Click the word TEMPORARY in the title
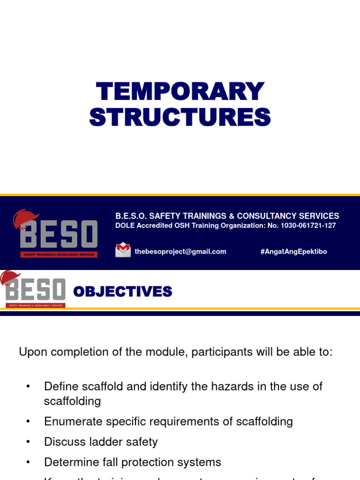click(x=180, y=91)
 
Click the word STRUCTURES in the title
click(x=180, y=117)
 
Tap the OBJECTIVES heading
click(x=123, y=292)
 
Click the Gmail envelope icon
click(x=123, y=250)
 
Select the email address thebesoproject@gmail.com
click(x=180, y=252)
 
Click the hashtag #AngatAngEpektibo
click(x=293, y=252)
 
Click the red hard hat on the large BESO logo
click(x=26, y=218)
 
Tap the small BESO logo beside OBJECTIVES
click(x=34, y=290)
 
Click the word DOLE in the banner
click(x=124, y=225)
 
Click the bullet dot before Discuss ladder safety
click(x=28, y=442)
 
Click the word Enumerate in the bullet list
click(x=70, y=421)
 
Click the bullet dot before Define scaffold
click(x=28, y=387)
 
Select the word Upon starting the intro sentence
click(x=31, y=352)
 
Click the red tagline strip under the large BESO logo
click(x=59, y=255)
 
